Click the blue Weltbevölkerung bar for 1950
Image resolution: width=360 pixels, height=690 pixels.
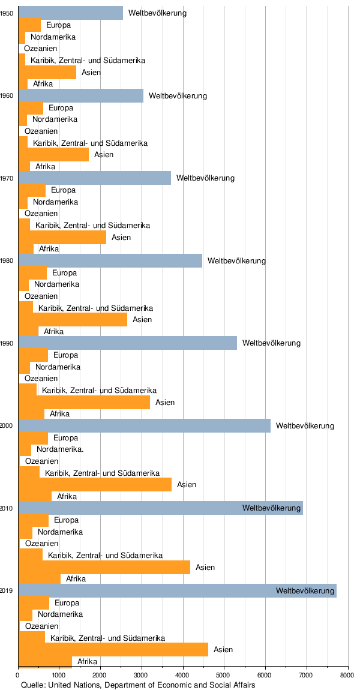[x=71, y=13]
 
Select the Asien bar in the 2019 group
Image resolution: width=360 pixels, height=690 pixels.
[x=113, y=649]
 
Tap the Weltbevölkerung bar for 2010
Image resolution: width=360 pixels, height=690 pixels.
[x=161, y=508]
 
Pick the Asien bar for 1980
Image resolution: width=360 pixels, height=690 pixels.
[x=73, y=319]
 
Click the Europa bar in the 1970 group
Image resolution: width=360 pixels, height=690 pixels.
[x=32, y=190]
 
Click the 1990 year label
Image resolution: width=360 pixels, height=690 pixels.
[x=7, y=343]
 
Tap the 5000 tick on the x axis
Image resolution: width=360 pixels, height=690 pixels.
[x=224, y=676]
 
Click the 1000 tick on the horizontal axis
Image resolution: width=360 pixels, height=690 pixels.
[x=59, y=676]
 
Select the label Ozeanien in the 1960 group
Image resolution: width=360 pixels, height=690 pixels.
[x=41, y=131]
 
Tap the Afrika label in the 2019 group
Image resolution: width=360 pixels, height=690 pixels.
[x=88, y=661]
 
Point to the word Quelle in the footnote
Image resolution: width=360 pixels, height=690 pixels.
[x=32, y=685]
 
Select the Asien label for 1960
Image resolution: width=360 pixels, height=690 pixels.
[x=104, y=155]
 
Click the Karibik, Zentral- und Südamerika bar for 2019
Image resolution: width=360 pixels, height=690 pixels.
[x=32, y=637]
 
